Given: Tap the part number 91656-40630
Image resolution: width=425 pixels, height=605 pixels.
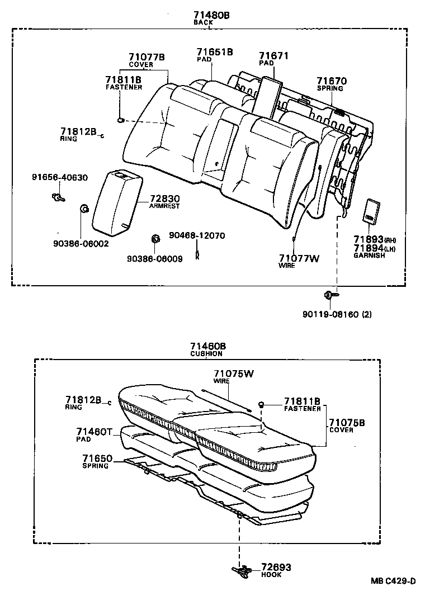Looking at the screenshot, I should point(59,178).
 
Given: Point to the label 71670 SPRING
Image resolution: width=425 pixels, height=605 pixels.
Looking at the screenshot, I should point(332,84).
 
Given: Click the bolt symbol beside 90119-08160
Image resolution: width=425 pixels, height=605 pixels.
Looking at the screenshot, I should point(329,295).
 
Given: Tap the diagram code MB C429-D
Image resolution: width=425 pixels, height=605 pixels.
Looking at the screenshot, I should point(393,582).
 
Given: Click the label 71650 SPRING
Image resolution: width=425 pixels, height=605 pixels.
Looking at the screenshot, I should point(97,461).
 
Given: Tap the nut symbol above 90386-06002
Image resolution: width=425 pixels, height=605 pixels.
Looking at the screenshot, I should point(83,209).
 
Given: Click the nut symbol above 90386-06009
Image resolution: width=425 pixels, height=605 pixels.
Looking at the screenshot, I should point(155,239).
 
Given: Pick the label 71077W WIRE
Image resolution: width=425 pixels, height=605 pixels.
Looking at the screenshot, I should point(299,261).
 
